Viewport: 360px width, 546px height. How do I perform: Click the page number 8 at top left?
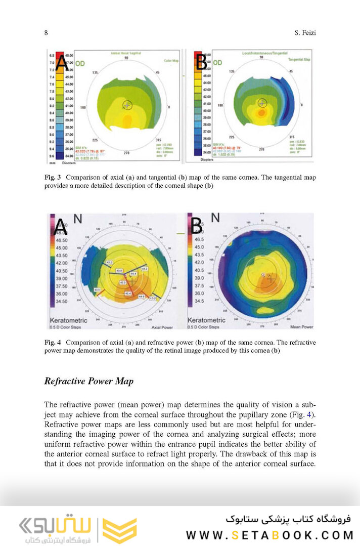pos(46,33)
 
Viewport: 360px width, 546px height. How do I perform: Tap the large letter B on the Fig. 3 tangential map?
pos(201,62)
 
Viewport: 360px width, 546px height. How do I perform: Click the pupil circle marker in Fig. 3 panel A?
pos(127,105)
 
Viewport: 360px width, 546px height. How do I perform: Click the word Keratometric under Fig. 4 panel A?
pos(68,320)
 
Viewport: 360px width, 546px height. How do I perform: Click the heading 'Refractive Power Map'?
pos(89,381)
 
